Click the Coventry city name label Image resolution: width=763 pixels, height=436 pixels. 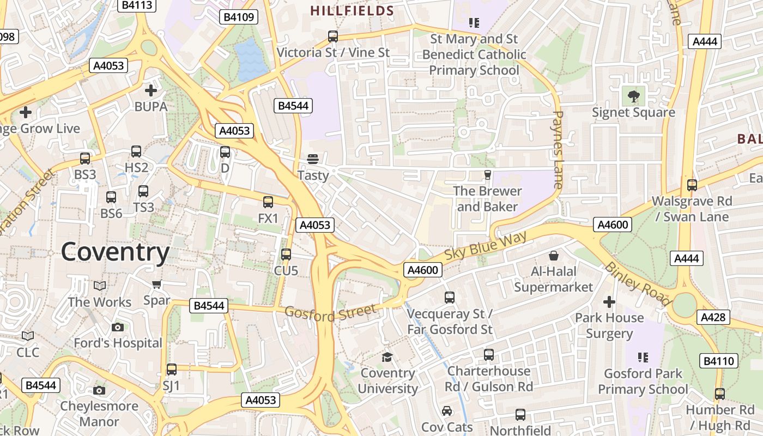pos(115,252)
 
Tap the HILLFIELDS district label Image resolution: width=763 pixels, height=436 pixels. pos(352,10)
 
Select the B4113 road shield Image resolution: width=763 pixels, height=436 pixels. pos(137,5)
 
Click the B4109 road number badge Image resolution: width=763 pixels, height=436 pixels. pos(239,17)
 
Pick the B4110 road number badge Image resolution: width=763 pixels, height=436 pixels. pos(719,360)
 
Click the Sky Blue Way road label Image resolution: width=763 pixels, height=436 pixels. pos(486,246)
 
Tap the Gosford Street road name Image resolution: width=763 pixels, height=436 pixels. pos(330,312)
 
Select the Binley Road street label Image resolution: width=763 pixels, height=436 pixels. pos(637,284)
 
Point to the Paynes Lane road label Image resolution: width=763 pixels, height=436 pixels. pos(558,150)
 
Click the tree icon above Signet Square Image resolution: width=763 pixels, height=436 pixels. pos(633,96)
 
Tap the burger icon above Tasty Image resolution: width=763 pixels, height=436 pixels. pos(313,159)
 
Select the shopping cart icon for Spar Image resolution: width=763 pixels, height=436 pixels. pos(157,284)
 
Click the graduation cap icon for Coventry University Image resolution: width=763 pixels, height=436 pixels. pos(387,357)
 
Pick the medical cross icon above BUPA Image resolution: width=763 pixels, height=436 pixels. pos(151,90)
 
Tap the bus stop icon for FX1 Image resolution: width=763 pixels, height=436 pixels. pos(268,202)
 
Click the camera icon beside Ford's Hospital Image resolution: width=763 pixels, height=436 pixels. pos(118,327)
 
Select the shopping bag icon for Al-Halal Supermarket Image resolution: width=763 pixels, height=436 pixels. pos(554,255)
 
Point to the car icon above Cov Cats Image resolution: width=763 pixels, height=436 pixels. pos(447,411)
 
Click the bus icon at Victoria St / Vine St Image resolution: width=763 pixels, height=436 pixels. pos(333,37)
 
